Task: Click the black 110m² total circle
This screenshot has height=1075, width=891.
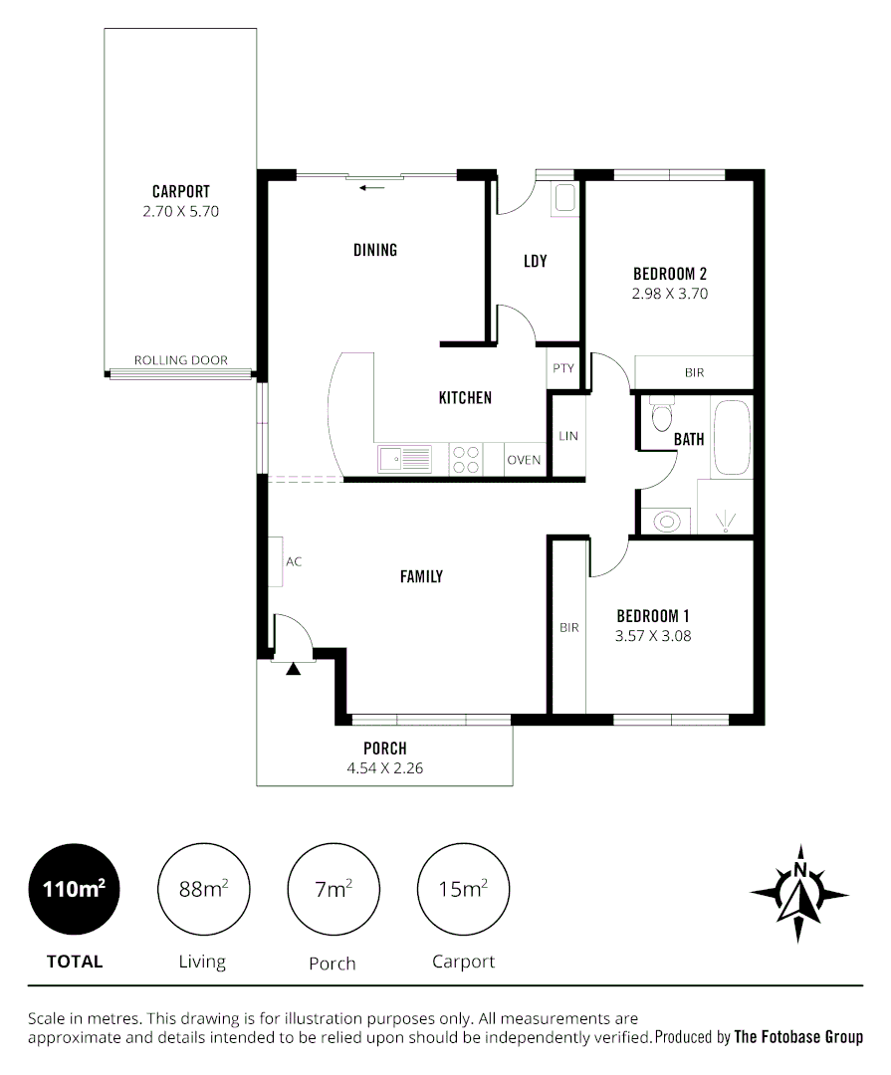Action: click(x=75, y=889)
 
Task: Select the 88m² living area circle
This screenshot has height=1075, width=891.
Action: click(x=204, y=889)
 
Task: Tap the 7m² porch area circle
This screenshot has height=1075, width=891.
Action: click(x=333, y=889)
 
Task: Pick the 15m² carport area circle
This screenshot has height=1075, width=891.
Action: click(x=463, y=889)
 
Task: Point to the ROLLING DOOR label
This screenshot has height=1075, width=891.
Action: click(x=181, y=360)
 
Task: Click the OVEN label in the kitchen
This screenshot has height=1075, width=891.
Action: click(x=524, y=460)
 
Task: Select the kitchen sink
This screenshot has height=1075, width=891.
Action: click(x=404, y=459)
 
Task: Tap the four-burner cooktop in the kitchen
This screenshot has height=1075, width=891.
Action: click(x=466, y=459)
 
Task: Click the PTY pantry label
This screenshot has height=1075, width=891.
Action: click(x=563, y=368)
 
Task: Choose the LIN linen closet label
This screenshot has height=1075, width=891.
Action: click(x=568, y=436)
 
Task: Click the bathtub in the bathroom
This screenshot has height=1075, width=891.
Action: click(x=733, y=438)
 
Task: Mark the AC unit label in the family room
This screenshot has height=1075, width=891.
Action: click(x=294, y=561)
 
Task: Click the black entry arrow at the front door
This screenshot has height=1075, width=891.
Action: click(x=293, y=670)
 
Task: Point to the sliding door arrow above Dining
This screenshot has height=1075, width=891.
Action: click(x=373, y=187)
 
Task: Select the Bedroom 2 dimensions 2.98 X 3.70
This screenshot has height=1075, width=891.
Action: click(x=669, y=295)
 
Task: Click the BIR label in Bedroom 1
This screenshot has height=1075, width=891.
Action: click(x=568, y=628)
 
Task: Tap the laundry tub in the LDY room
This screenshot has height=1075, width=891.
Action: click(x=564, y=197)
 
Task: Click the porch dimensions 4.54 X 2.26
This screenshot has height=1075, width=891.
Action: click(x=384, y=768)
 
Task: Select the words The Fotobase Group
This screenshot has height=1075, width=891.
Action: click(x=797, y=1037)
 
